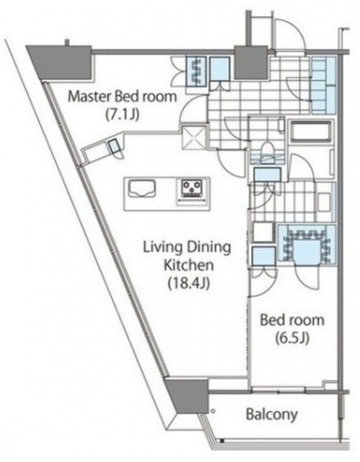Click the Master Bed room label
click(x=122, y=96)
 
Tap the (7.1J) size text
click(x=122, y=115)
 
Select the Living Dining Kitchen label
click(x=188, y=256)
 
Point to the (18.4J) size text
click(x=189, y=284)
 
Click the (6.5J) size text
click(x=292, y=339)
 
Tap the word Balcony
click(x=272, y=414)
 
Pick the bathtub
click(x=312, y=130)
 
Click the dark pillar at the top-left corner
click(x=61, y=63)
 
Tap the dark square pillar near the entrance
click(x=250, y=62)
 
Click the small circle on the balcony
click(x=214, y=411)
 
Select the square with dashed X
click(x=194, y=137)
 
